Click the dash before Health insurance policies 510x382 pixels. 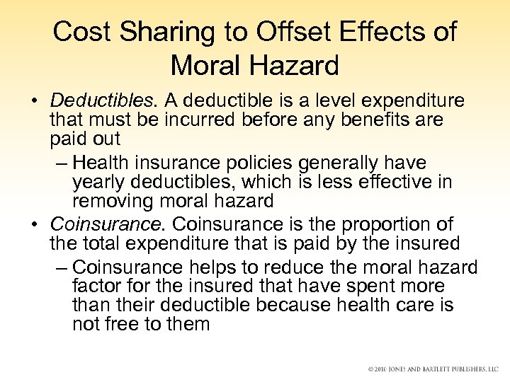pos(61,163)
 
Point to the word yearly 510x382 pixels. pos(100,182)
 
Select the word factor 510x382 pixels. pos(97,286)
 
